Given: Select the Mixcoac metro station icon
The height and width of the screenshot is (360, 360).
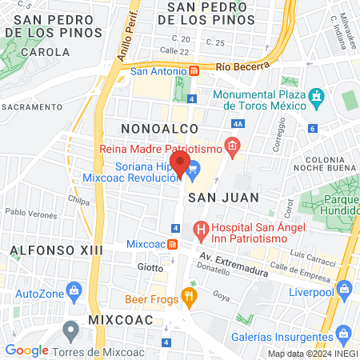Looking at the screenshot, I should pyautogui.click(x=173, y=243).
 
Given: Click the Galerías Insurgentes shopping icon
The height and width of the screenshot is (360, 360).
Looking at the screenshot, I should pyautogui.click(x=342, y=331).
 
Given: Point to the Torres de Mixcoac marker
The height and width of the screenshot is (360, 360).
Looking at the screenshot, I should pyautogui.click(x=71, y=328).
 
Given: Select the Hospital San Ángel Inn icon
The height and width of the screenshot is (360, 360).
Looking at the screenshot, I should pyautogui.click(x=200, y=232).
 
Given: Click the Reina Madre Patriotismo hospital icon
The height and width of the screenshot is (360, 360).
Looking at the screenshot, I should pyautogui.click(x=232, y=145).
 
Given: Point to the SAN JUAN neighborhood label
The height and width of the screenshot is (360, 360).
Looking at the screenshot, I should pyautogui.click(x=214, y=197).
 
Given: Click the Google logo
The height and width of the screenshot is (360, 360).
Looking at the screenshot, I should pyautogui.click(x=26, y=350).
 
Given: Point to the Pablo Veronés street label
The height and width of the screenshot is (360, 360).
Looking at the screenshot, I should pyautogui.click(x=31, y=214).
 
